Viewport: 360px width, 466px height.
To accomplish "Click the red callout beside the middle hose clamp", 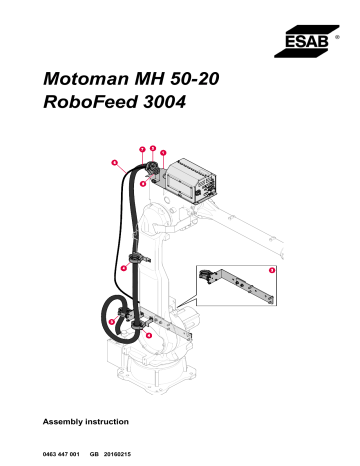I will tap(123, 268).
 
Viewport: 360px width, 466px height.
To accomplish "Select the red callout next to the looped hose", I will tap(112, 321).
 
